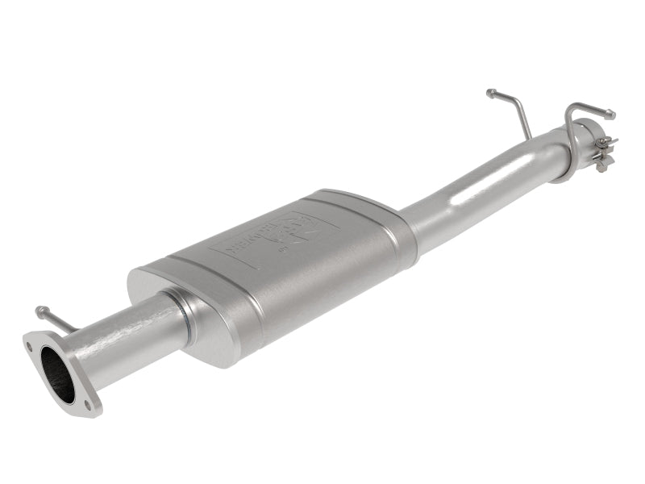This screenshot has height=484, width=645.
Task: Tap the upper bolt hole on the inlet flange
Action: point(30,347)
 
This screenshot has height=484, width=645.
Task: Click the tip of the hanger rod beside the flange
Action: point(39,309)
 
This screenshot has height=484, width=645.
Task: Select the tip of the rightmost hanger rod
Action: point(611,115)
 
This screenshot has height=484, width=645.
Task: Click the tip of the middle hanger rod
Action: point(489,93)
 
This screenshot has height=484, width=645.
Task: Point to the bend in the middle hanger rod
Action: point(516,105)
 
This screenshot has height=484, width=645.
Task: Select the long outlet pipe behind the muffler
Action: point(484,186)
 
